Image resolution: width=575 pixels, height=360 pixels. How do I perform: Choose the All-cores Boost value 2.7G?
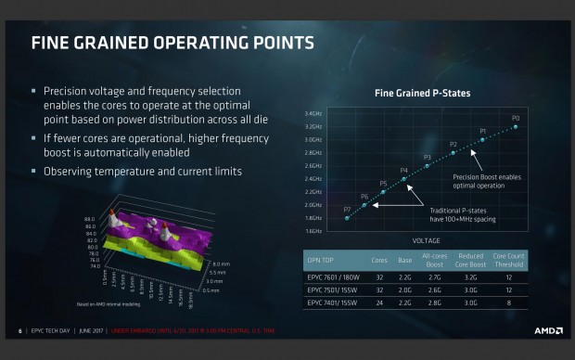431,276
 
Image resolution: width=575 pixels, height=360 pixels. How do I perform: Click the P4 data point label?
403,171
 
